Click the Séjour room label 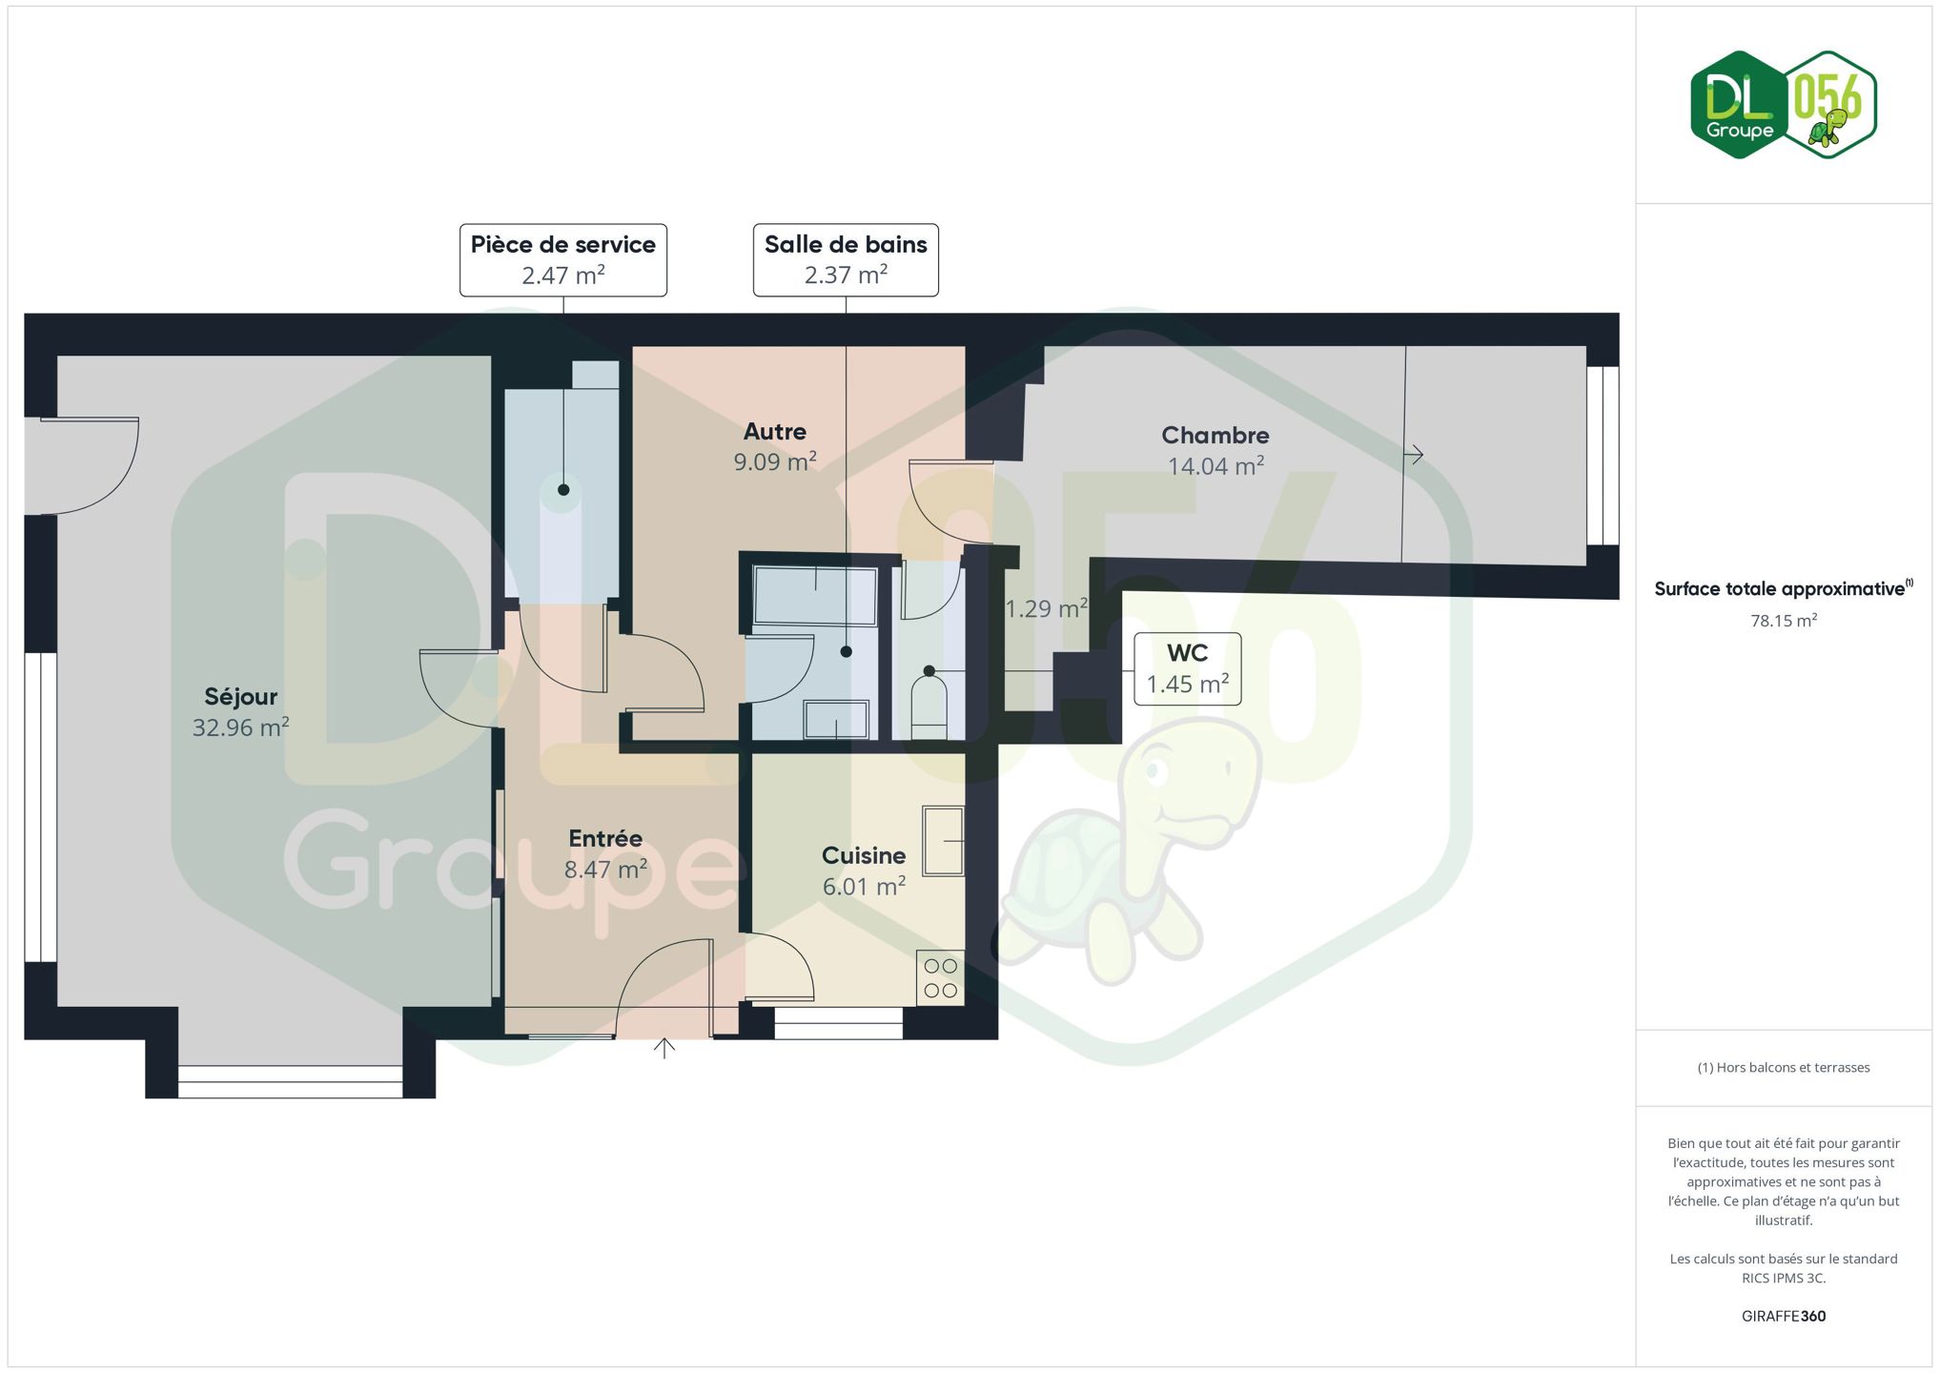click(241, 697)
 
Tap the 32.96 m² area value click(241, 727)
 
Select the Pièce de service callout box click(563, 260)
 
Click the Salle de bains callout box click(846, 260)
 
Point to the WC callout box click(1188, 669)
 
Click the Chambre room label click(1215, 436)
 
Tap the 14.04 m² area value click(1216, 466)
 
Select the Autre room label click(775, 432)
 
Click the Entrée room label click(605, 838)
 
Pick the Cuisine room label click(864, 855)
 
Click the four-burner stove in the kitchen click(940, 978)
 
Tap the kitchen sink click(943, 840)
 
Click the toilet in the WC click(929, 707)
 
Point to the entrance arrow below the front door click(664, 1048)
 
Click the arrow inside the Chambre click(1414, 455)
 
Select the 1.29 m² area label click(1047, 608)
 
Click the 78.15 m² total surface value click(1784, 621)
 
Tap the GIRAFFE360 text click(1784, 1316)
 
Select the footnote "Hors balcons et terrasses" click(1793, 1068)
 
